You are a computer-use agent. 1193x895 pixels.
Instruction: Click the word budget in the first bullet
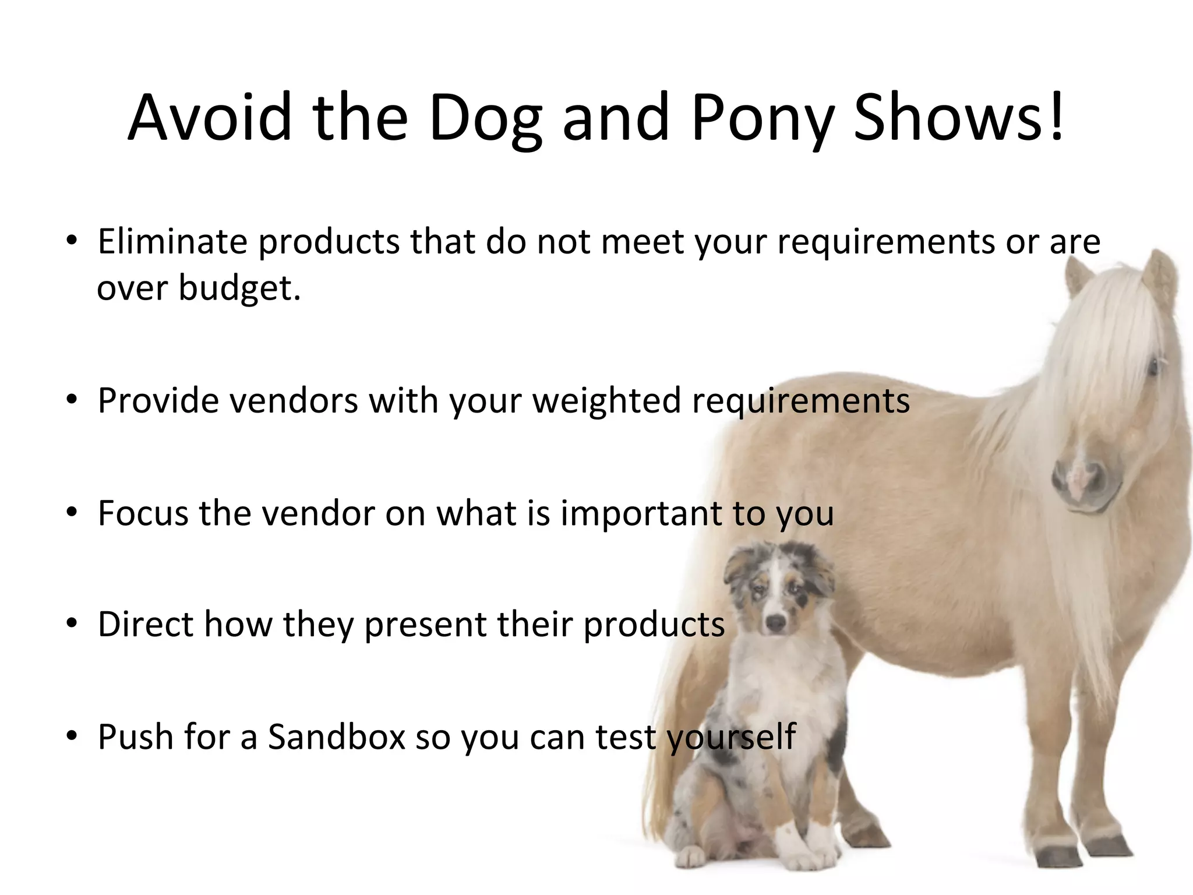pyautogui.click(x=239, y=288)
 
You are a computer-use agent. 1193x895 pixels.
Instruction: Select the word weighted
pyautogui.click(x=606, y=401)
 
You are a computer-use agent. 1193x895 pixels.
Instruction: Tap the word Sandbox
pyautogui.click(x=336, y=737)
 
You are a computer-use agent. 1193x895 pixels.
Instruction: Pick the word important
pyautogui.click(x=641, y=513)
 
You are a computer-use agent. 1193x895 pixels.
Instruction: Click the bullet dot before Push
pyautogui.click(x=72, y=737)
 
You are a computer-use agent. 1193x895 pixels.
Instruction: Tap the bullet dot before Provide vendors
pyautogui.click(x=72, y=401)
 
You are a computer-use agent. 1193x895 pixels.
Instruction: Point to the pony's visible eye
pyautogui.click(x=1152, y=368)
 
